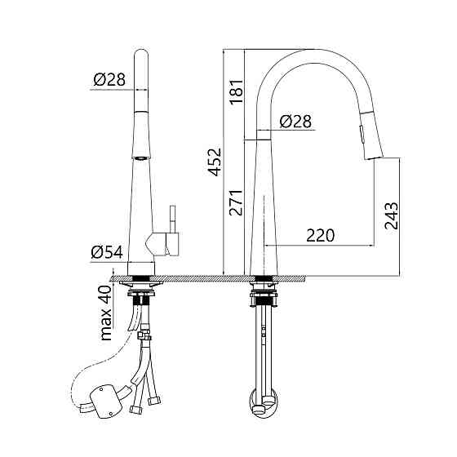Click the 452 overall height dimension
pyautogui.click(x=215, y=162)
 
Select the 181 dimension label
pyautogui.click(x=236, y=91)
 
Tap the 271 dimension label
pyautogui.click(x=236, y=202)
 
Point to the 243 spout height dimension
pyautogui.click(x=391, y=215)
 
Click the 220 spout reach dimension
pyautogui.click(x=320, y=236)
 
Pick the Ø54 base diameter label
pyautogui.click(x=107, y=252)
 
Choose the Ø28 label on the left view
pyautogui.click(x=109, y=79)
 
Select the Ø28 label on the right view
pyautogui.click(x=295, y=121)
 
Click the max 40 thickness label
pyautogui.click(x=106, y=313)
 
